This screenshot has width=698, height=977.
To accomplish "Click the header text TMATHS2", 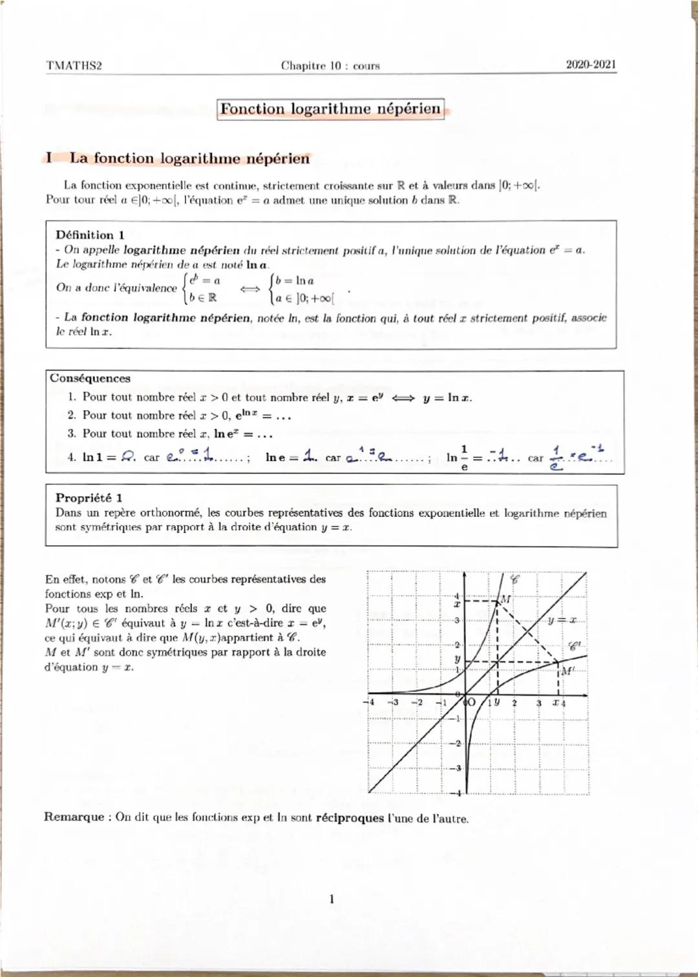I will [74, 66].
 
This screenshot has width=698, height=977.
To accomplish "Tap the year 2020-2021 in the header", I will [591, 65].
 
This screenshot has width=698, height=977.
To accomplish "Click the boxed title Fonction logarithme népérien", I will [330, 109].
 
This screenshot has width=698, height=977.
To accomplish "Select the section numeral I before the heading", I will [49, 158].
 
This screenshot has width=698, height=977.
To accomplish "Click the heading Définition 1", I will [90, 235].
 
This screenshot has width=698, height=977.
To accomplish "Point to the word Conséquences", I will [90, 379].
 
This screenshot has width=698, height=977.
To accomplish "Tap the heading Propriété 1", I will [89, 498].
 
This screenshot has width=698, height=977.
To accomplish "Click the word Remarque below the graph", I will [74, 817].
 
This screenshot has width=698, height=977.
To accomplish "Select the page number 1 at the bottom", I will [332, 899].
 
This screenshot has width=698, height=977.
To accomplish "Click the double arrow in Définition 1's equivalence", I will [249, 289].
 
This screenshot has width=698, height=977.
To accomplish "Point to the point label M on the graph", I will [505, 599].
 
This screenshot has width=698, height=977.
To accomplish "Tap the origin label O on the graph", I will [471, 702].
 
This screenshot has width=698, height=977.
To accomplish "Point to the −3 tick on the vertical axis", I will [458, 768].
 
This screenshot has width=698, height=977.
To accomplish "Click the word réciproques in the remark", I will [350, 818].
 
